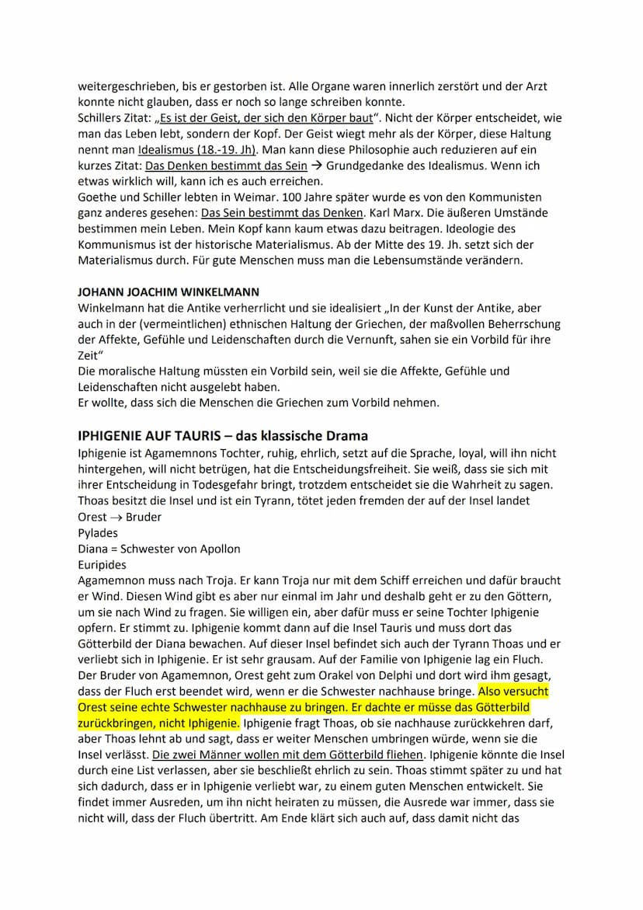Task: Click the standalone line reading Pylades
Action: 98,533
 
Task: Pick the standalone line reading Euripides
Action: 102,564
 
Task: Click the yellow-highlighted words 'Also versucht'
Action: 513,691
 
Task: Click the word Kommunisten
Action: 503,197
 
